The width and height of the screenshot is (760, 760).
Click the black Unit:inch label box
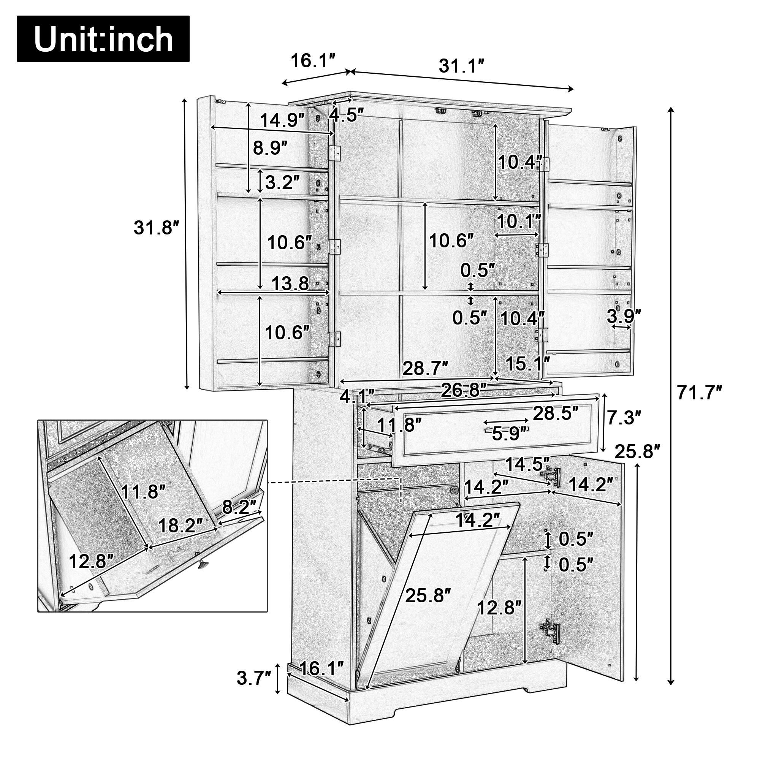tap(103, 39)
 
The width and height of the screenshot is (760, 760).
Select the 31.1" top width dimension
tap(461, 66)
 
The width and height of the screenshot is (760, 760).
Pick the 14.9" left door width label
tap(282, 120)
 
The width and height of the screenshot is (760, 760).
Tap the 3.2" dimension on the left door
tap(282, 182)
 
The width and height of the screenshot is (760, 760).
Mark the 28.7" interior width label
tap(425, 368)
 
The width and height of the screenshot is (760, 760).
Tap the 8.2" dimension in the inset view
tap(239, 507)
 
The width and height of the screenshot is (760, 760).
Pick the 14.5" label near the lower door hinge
tap(527, 465)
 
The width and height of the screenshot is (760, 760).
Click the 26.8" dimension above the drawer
tap(464, 390)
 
